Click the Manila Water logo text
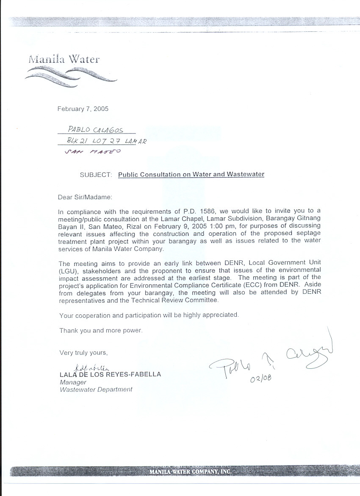click(64, 59)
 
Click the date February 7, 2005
click(83, 109)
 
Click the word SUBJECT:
click(96, 174)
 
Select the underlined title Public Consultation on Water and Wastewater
click(191, 174)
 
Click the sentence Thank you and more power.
click(101, 330)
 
